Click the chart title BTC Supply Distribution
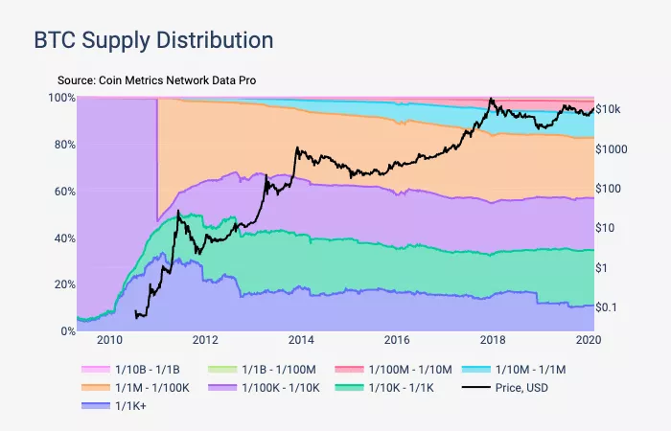tap(153, 40)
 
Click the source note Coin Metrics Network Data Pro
tap(156, 80)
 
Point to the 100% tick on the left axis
tap(61, 98)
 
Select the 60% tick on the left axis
tap(63, 192)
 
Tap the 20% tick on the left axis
tap(63, 284)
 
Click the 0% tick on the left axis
tap(67, 331)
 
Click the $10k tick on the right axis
tap(609, 110)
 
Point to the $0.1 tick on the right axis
tap(610, 306)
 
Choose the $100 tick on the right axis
tap(610, 189)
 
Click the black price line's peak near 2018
tap(492, 99)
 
